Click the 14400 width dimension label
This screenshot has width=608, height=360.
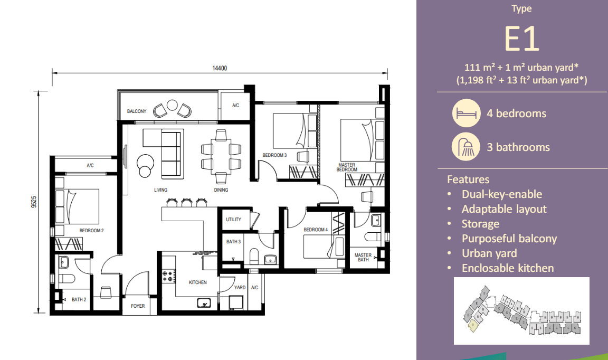point(219,68)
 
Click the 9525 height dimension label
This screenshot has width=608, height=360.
point(34,203)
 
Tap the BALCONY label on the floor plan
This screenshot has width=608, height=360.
point(137,111)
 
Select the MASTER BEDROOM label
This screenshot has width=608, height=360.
point(347,167)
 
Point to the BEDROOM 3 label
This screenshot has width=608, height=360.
point(274,155)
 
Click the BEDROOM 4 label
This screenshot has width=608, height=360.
point(316,230)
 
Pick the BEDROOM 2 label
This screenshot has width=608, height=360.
point(91,231)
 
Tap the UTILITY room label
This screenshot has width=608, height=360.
point(233,220)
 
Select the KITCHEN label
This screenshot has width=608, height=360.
point(198,282)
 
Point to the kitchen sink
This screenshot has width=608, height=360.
point(204,303)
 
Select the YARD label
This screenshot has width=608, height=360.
point(240,288)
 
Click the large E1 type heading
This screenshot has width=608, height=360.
point(521,39)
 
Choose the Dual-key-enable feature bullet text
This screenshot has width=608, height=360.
point(501,194)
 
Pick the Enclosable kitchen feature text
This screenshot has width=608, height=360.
point(507,268)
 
